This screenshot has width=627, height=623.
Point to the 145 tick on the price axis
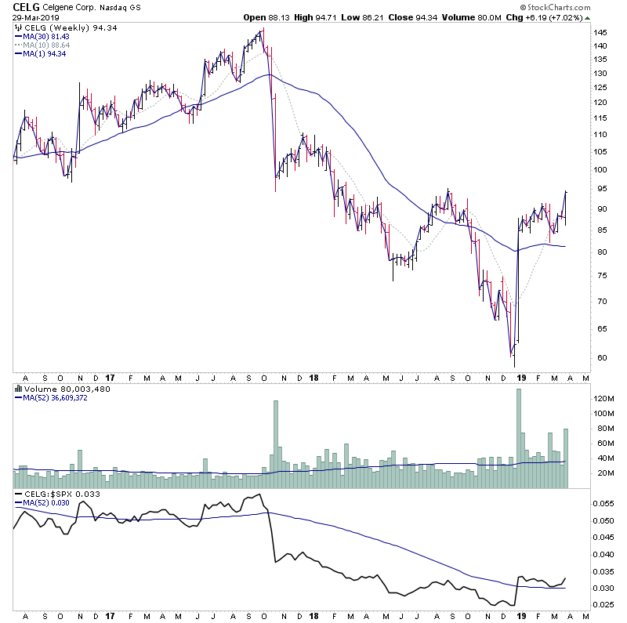pyautogui.click(x=600, y=33)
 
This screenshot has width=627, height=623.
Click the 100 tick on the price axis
pyautogui.click(x=600, y=169)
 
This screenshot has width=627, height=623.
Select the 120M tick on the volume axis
pyautogui.click(x=602, y=398)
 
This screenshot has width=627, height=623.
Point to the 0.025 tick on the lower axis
pyautogui.click(x=603, y=605)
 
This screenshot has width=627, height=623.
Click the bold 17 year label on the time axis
pyautogui.click(x=110, y=377)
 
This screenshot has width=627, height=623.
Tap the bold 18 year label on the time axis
pyautogui.click(x=313, y=377)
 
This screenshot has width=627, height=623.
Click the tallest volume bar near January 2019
pyautogui.click(x=518, y=439)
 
